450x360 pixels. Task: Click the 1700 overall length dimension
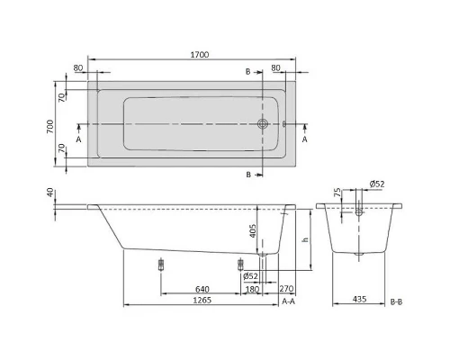[200, 55]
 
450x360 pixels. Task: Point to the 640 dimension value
[202, 289]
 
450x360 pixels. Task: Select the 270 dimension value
[286, 289]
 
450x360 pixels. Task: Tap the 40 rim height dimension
[50, 193]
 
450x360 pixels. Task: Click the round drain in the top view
[263, 125]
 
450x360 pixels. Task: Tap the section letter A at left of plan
[79, 140]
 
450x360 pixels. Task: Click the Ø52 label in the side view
[252, 275]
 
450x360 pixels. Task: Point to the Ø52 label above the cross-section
[378, 184]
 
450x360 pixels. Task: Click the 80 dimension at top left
[79, 67]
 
